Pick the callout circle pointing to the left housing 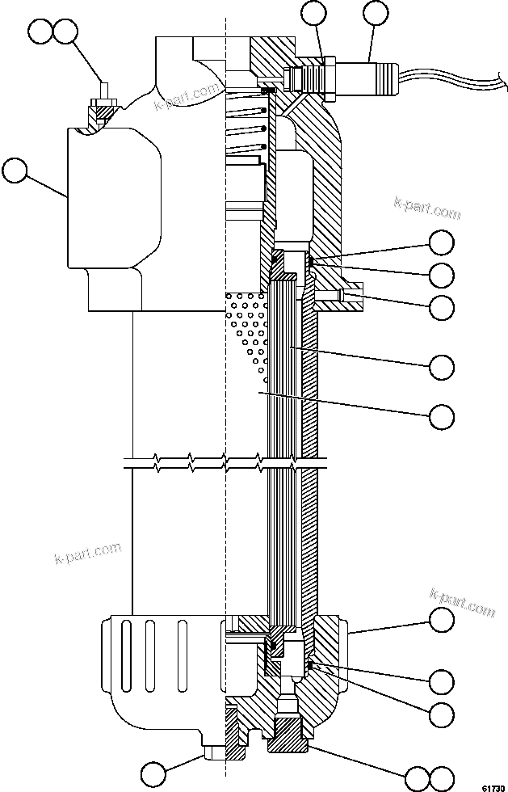(16, 171)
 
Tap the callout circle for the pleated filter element (442, 366)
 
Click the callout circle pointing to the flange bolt (442, 306)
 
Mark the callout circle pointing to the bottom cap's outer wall (442, 620)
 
